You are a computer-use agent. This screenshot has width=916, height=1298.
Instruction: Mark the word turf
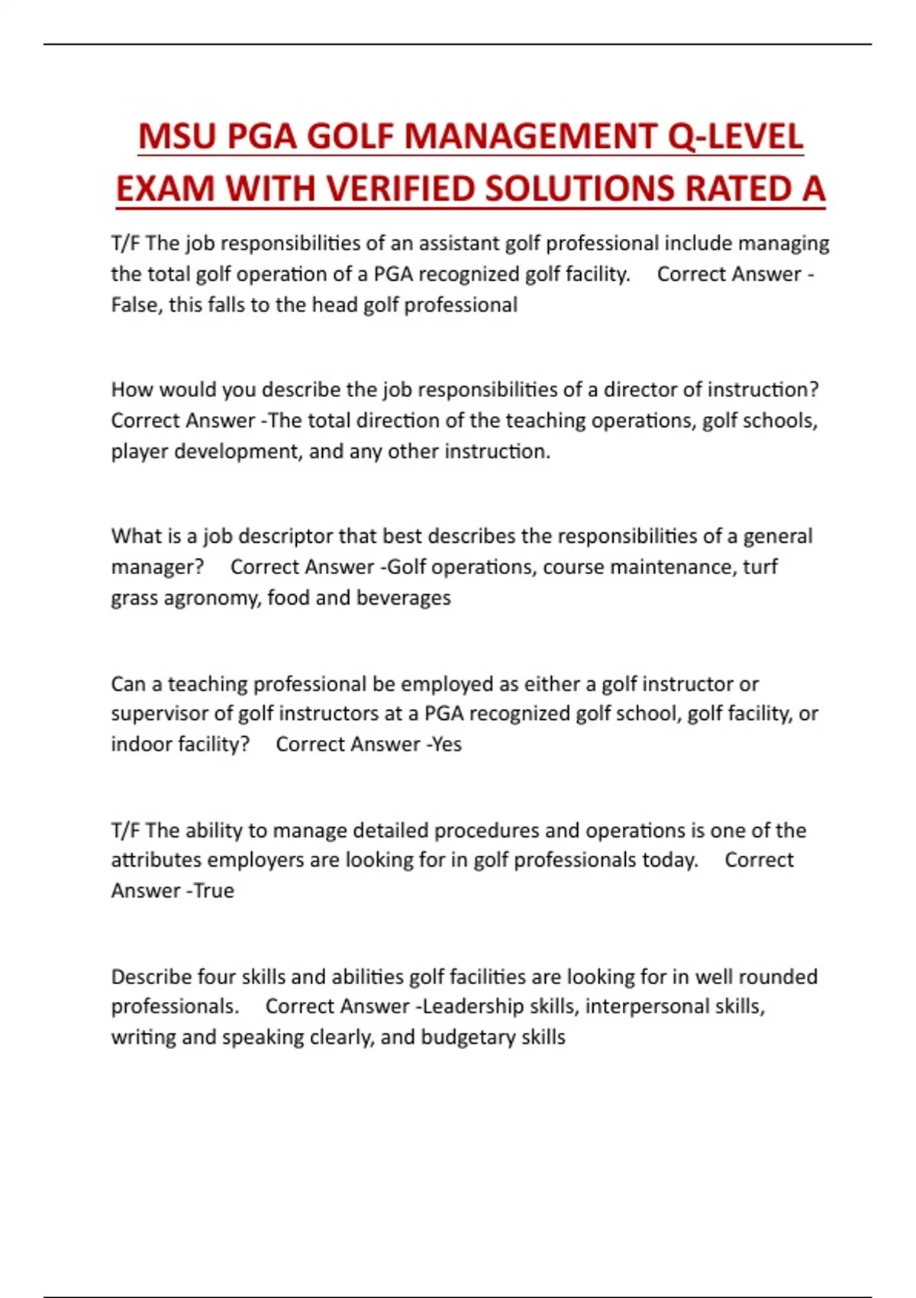point(760,567)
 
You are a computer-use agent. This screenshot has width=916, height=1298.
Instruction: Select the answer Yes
point(447,744)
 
